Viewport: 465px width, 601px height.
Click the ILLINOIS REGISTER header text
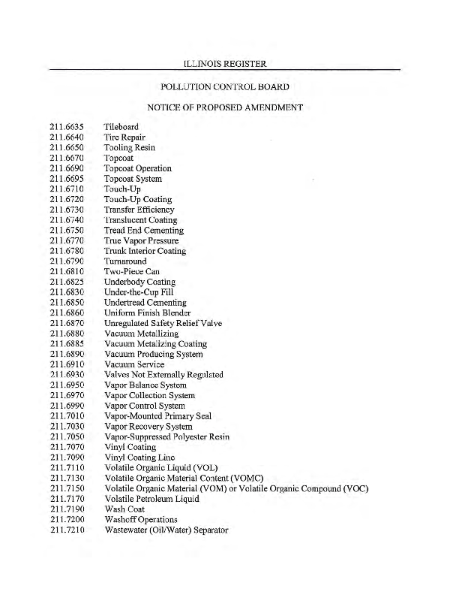[224, 63]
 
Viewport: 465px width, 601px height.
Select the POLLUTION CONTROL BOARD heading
[224, 87]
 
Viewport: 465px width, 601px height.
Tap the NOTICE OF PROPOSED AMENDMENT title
[225, 107]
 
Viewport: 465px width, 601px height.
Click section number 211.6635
[67, 127]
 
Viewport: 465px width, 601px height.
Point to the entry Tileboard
[121, 127]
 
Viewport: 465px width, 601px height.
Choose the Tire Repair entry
[124, 137]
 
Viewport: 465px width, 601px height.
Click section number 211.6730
[67, 210]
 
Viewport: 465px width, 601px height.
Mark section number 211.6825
[67, 282]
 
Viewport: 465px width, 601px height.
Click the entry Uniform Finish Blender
[147, 313]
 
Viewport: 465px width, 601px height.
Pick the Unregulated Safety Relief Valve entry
[163, 323]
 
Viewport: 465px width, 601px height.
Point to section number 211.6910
[67, 364]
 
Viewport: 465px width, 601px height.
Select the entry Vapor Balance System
[145, 385]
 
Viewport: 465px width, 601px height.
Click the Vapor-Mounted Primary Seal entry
[157, 415]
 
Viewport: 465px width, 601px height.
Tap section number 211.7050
[67, 436]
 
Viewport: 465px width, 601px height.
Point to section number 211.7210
[67, 530]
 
